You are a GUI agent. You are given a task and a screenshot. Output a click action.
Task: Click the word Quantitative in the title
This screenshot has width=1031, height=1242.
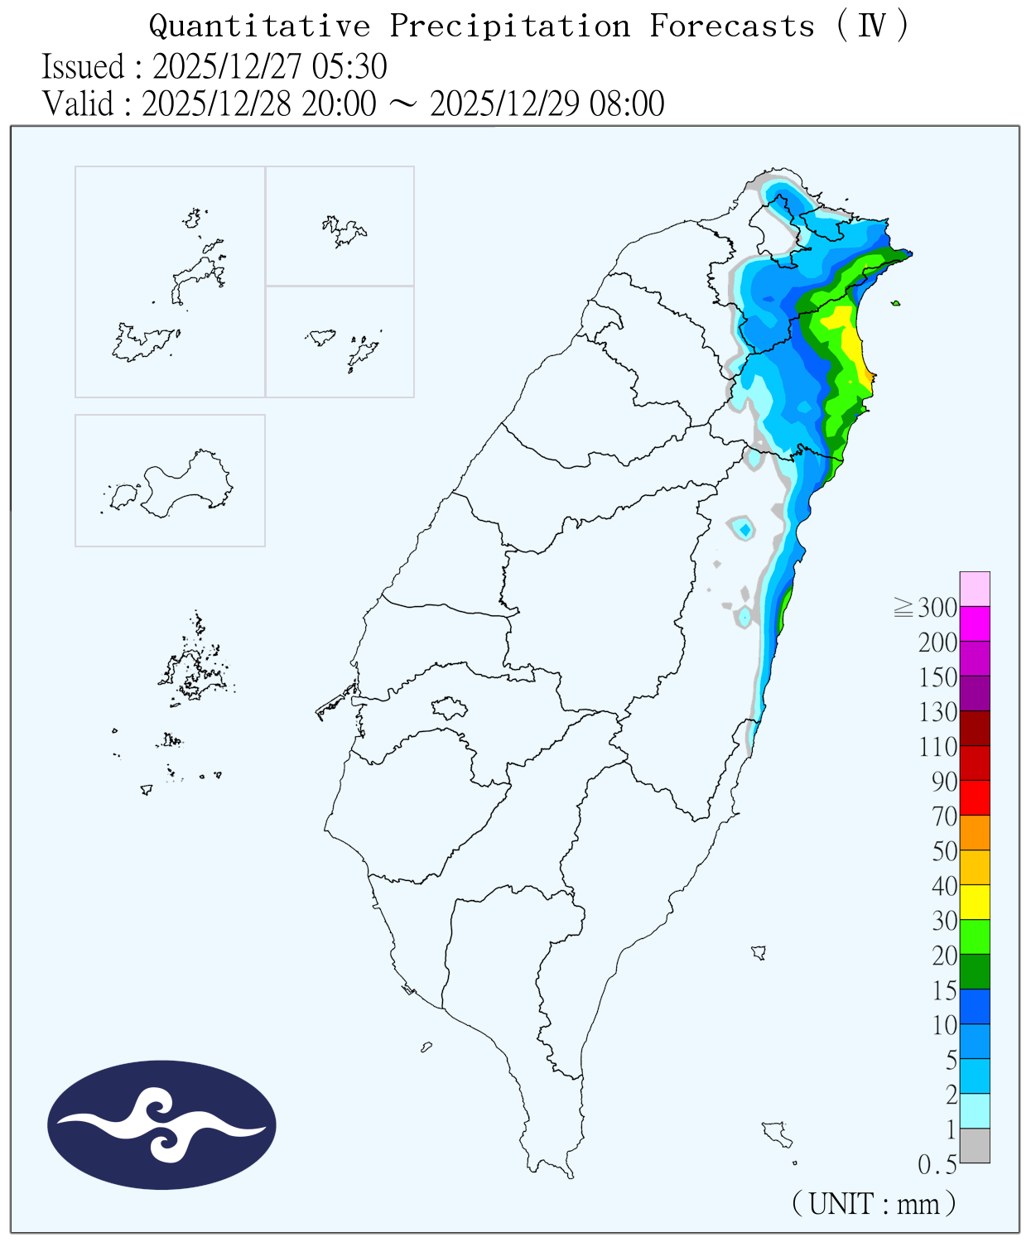click(x=259, y=26)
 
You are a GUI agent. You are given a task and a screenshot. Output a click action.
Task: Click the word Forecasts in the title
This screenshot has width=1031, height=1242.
click(x=732, y=26)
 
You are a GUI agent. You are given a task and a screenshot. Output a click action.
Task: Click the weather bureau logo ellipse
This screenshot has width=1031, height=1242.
click(x=161, y=1124)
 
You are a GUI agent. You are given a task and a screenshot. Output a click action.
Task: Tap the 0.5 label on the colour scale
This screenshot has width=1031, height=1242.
click(x=937, y=1165)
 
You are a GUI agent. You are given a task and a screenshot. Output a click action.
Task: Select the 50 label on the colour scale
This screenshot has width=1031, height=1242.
click(x=944, y=851)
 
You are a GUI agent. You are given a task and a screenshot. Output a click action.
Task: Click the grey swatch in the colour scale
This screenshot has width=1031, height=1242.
click(x=975, y=1145)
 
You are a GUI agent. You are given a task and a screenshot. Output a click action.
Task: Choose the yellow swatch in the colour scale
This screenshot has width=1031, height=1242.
click(x=975, y=902)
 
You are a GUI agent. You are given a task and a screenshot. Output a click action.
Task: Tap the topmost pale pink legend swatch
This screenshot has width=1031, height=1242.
click(x=975, y=589)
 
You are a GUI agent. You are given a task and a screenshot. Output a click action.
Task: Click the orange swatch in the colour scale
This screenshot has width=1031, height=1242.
click(x=975, y=832)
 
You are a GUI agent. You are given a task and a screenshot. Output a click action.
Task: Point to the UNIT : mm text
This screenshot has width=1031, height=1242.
click(x=874, y=1202)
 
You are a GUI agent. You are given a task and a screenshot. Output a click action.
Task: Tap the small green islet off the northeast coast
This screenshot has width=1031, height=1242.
click(x=896, y=303)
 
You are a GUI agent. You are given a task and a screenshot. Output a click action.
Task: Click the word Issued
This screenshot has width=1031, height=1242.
click(x=83, y=66)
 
